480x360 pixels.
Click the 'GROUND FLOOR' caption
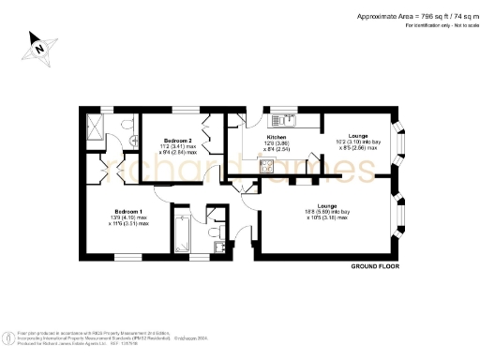click(x=376, y=267)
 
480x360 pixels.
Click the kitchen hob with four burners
click(x=266, y=166)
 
